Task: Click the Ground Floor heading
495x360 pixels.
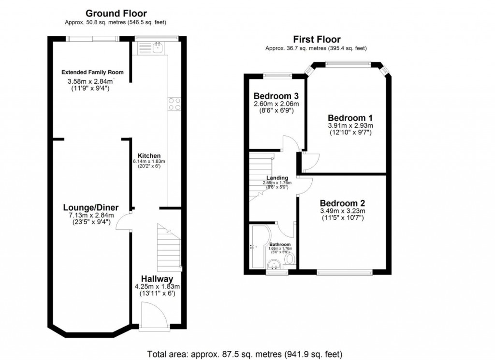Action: point(116,14)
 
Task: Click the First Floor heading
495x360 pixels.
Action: point(317,40)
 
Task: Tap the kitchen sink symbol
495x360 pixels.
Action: point(150,47)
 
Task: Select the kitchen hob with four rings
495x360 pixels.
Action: point(174,104)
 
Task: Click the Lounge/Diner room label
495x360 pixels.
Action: point(91,208)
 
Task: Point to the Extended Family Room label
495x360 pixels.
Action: point(92,72)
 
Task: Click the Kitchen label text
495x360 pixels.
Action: point(149,155)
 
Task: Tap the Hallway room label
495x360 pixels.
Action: point(157,279)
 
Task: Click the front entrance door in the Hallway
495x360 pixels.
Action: point(151,315)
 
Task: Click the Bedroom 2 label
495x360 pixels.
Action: point(342,203)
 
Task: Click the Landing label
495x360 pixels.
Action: point(277,178)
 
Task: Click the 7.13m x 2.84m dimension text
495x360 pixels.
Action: point(91,215)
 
